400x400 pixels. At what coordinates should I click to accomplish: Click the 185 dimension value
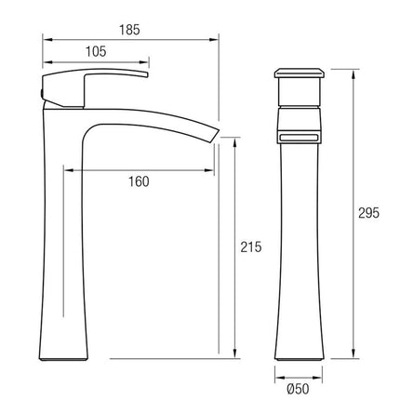pyautogui.click(x=129, y=30)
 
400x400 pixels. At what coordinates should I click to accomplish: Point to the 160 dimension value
pyautogui.click(x=137, y=181)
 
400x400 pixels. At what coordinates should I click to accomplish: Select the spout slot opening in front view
pyautogui.click(x=299, y=135)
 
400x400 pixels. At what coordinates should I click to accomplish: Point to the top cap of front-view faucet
pyautogui.click(x=299, y=73)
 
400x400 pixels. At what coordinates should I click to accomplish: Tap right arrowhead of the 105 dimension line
pyautogui.click(x=147, y=62)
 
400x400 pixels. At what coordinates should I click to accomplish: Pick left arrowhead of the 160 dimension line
pyautogui.click(x=66, y=168)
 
